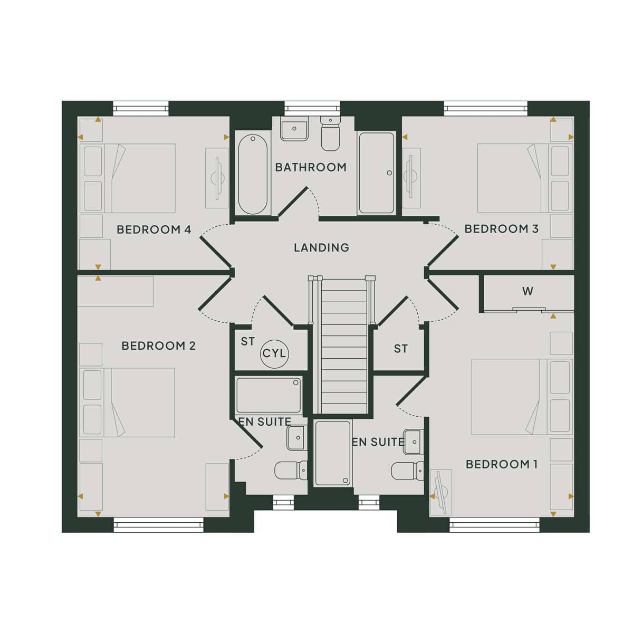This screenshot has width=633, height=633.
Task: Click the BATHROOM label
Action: (310, 167)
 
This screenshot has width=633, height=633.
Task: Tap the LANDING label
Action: (321, 248)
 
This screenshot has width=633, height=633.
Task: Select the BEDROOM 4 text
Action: (154, 229)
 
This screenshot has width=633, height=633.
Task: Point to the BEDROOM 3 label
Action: (501, 228)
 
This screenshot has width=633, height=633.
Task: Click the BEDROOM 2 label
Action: (158, 346)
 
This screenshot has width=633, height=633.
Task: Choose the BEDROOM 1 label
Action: (502, 465)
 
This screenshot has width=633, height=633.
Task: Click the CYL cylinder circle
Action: (275, 354)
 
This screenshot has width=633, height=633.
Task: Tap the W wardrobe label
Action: (527, 291)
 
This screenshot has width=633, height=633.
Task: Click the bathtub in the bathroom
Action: (253, 174)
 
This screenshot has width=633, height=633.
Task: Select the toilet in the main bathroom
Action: (330, 133)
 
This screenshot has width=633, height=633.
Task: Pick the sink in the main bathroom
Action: (294, 128)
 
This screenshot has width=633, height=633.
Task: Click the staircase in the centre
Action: (343, 345)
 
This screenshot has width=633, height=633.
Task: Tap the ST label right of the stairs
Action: (401, 349)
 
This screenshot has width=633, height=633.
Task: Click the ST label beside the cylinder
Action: (248, 342)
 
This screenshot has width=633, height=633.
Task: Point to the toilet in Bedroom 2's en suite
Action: (291, 470)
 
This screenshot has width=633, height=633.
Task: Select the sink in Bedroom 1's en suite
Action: (413, 442)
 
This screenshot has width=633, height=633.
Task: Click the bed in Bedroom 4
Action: (128, 178)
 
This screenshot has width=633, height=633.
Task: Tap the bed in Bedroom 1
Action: (522, 397)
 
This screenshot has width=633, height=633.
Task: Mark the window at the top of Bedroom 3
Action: (486, 109)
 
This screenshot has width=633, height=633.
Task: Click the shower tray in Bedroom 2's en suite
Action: (268, 395)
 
